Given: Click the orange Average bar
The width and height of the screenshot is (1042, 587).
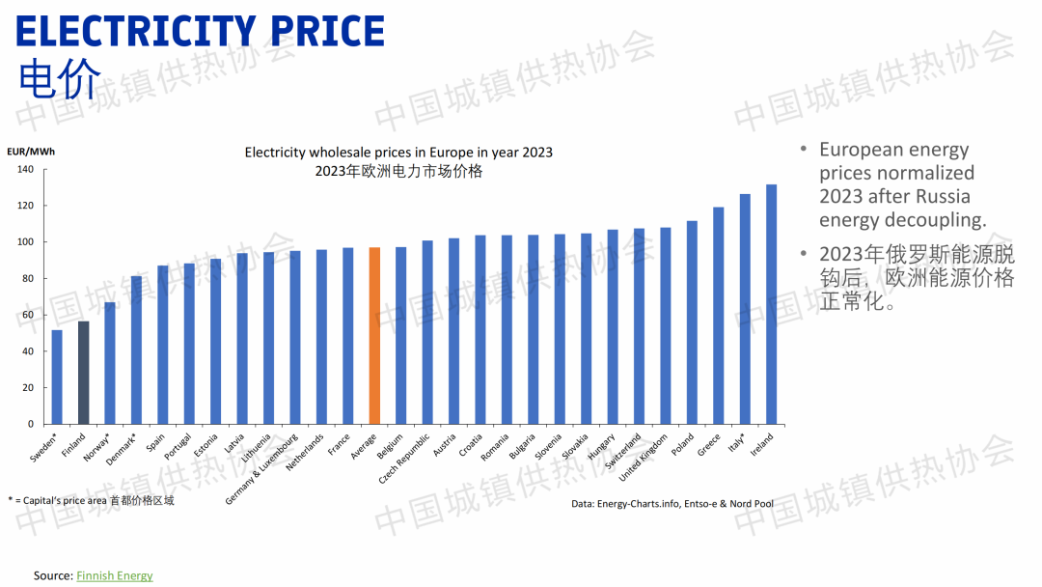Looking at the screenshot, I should pyautogui.click(x=374, y=336).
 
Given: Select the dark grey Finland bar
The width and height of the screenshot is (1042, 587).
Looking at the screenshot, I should pyautogui.click(x=84, y=373).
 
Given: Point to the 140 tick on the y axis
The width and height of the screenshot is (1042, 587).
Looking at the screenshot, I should pyautogui.click(x=25, y=170).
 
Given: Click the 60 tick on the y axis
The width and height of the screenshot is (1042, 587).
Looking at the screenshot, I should pyautogui.click(x=28, y=315).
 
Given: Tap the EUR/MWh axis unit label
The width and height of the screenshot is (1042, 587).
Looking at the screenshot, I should pyautogui.click(x=31, y=152).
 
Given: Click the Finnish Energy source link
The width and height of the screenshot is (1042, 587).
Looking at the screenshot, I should pyautogui.click(x=114, y=575).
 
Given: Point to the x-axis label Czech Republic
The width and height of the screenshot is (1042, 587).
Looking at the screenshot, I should pyautogui.click(x=405, y=464).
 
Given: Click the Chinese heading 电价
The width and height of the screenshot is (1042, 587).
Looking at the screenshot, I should pyautogui.click(x=59, y=81).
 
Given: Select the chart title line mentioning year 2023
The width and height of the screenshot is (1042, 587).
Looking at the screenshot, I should pyautogui.click(x=398, y=153).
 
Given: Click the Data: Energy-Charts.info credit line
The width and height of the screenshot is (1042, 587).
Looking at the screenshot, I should pyautogui.click(x=672, y=504).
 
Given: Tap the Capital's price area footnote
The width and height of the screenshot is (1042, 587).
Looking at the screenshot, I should pyautogui.click(x=91, y=500).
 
